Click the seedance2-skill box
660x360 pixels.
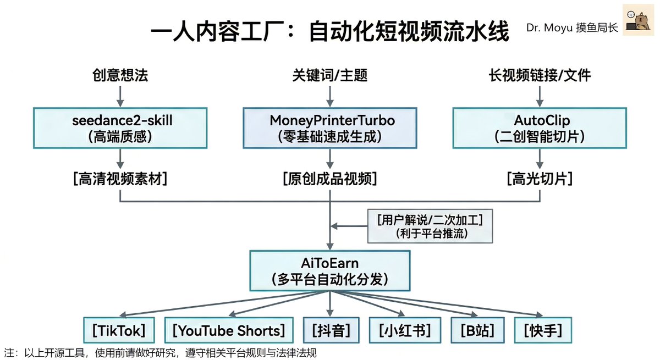(120, 128)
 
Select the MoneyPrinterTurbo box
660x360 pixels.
(329, 128)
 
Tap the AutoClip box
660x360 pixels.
(540, 128)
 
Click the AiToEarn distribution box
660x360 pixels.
(329, 271)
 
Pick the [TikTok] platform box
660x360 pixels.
(119, 330)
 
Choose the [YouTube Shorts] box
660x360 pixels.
(228, 330)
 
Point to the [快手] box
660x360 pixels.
(542, 330)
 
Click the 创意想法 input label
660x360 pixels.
(120, 75)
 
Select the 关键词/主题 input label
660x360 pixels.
(329, 75)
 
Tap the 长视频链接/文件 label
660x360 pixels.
(540, 75)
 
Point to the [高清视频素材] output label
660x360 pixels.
(120, 179)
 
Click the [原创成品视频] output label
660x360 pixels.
(329, 179)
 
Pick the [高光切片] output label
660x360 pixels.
(540, 179)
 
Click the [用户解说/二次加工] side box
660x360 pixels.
(430, 226)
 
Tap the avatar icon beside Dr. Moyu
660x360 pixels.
(637, 21)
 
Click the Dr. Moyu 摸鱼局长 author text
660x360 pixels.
(571, 27)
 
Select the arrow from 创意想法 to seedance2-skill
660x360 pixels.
(120, 96)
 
